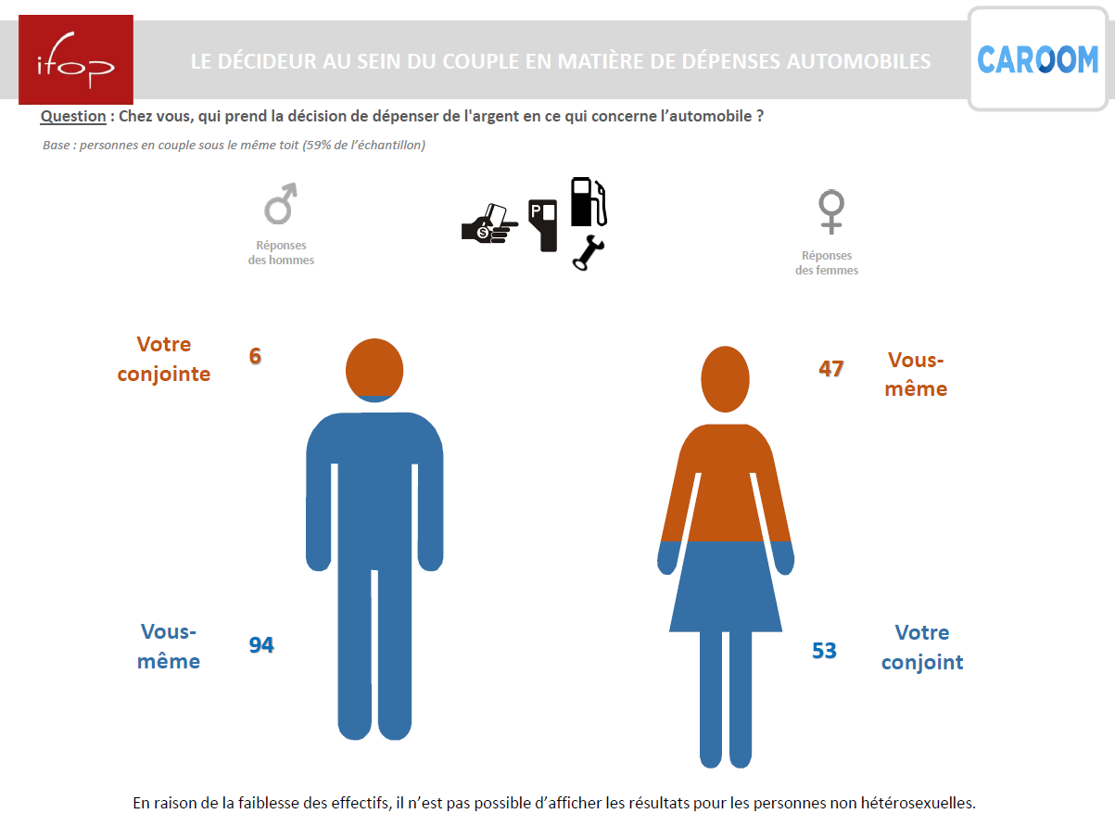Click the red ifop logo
tap(76, 59)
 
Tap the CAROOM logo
tap(1038, 59)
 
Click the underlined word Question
tap(73, 116)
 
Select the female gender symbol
tap(831, 211)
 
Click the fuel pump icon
tap(589, 201)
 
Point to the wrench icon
tap(589, 252)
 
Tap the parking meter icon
tap(542, 225)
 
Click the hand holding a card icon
tap(489, 224)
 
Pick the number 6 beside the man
tap(255, 356)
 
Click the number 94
tap(261, 645)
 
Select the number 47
tap(831, 369)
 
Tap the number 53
tap(824, 651)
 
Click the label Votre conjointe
tap(163, 359)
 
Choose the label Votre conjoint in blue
tap(922, 647)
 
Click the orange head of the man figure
tap(374, 368)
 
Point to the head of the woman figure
tap(725, 379)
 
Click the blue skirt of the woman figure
tap(726, 587)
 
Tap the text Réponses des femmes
tap(827, 263)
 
